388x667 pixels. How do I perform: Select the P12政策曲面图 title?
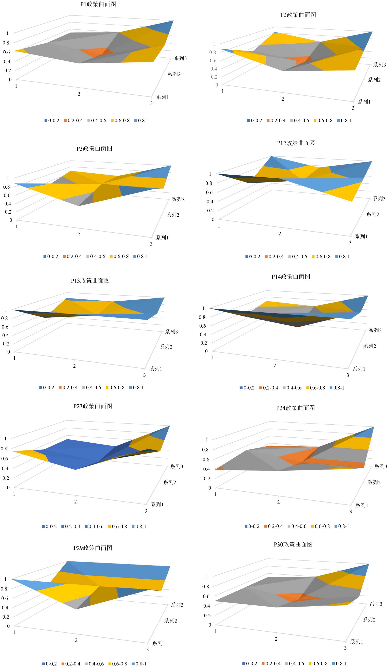(296, 143)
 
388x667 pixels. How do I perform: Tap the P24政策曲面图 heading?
(295, 408)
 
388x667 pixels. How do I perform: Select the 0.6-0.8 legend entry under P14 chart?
(315, 388)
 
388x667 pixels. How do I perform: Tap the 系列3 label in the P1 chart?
(180, 58)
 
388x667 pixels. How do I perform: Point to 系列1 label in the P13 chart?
(155, 369)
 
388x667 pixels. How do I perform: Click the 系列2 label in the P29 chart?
(170, 621)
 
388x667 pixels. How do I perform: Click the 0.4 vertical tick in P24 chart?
(206, 469)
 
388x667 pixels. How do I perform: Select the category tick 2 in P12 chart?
(280, 234)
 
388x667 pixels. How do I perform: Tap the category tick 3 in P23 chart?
(146, 511)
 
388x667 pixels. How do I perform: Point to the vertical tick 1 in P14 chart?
(203, 308)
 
